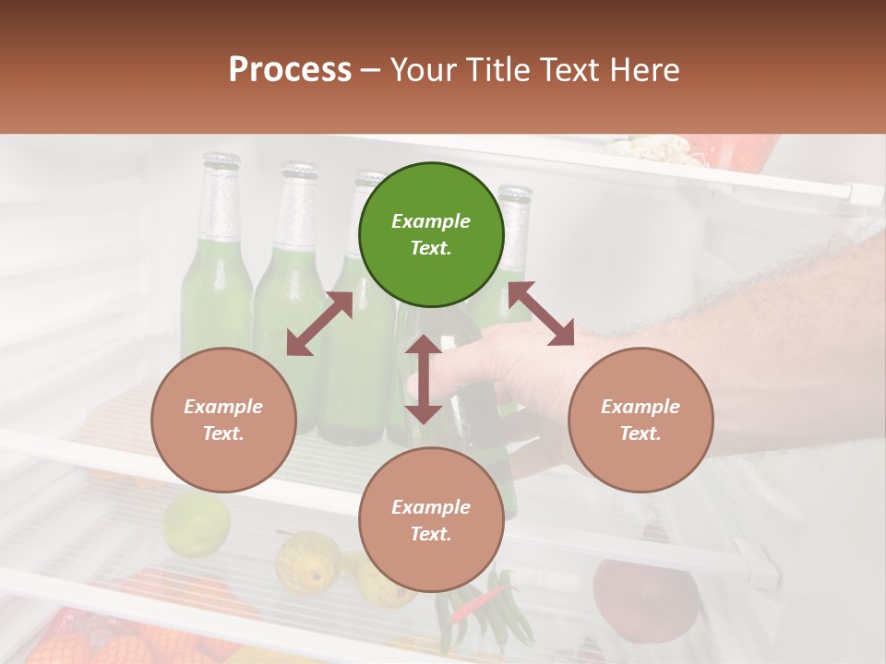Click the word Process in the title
pos(290,70)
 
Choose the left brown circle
pos(223,420)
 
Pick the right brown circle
pos(641,420)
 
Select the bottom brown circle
pos(431,520)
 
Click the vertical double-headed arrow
pos(424,379)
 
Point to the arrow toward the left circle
pos(319,325)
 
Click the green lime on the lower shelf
pos(196,523)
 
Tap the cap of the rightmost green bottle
pos(515,196)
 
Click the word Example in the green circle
pos(431,221)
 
